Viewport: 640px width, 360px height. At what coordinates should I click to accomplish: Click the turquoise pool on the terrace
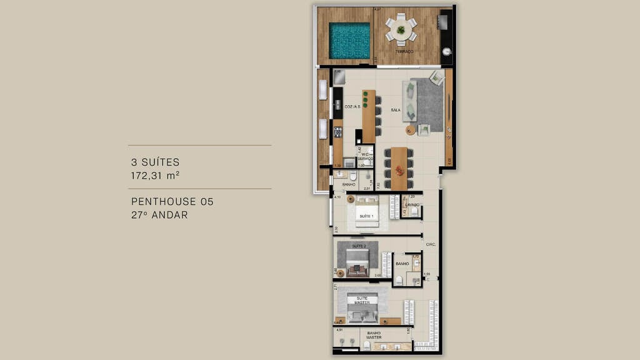(x=350, y=41)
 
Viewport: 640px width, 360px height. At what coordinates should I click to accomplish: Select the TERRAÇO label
(x=404, y=51)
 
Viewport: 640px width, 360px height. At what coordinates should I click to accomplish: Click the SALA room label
(x=396, y=110)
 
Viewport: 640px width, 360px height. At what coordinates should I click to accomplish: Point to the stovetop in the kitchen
(x=337, y=132)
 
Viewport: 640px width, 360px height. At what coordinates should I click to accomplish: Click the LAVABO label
(x=412, y=205)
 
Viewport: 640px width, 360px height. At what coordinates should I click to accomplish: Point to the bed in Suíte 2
(x=357, y=259)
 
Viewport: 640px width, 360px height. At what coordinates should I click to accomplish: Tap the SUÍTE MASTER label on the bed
(x=362, y=301)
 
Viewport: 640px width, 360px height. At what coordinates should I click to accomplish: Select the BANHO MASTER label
(x=374, y=335)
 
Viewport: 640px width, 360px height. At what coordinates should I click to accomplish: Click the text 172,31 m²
(x=155, y=176)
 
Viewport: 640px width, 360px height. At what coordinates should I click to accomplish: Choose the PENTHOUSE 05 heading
(x=172, y=202)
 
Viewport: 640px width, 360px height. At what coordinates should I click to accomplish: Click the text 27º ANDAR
(x=159, y=215)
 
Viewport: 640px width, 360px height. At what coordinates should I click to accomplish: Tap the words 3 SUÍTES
(x=155, y=162)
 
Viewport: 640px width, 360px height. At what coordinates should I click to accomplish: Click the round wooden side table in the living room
(x=410, y=131)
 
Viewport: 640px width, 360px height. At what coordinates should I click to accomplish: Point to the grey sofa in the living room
(x=409, y=100)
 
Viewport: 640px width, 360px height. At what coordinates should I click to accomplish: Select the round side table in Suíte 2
(x=341, y=273)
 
